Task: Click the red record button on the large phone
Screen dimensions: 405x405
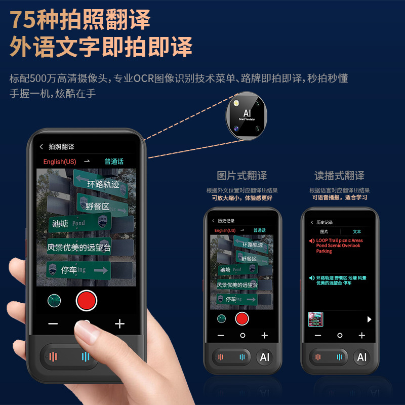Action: pos(86,300)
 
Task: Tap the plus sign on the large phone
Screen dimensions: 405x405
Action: pos(119,324)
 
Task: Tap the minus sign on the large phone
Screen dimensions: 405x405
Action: pos(53,324)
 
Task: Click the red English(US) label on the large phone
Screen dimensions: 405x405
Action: pos(60,161)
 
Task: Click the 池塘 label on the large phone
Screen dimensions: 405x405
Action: pos(60,223)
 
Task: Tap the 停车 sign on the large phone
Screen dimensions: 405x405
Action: pos(69,270)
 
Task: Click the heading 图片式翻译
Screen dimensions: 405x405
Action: pos(242,176)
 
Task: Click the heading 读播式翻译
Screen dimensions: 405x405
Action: pos(339,176)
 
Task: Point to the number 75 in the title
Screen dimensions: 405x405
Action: pos(23,20)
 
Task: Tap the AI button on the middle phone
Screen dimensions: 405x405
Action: pos(264,357)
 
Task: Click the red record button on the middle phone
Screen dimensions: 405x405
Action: pos(242,318)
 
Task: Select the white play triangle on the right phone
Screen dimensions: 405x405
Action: pos(370,319)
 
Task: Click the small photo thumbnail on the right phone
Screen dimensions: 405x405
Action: pos(315,319)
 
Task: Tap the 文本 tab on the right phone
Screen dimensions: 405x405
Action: pos(357,231)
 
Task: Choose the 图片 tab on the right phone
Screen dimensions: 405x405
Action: pos(324,231)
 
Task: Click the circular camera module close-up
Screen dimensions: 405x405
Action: pos(247,115)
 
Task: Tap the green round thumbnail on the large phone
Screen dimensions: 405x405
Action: pos(54,300)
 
